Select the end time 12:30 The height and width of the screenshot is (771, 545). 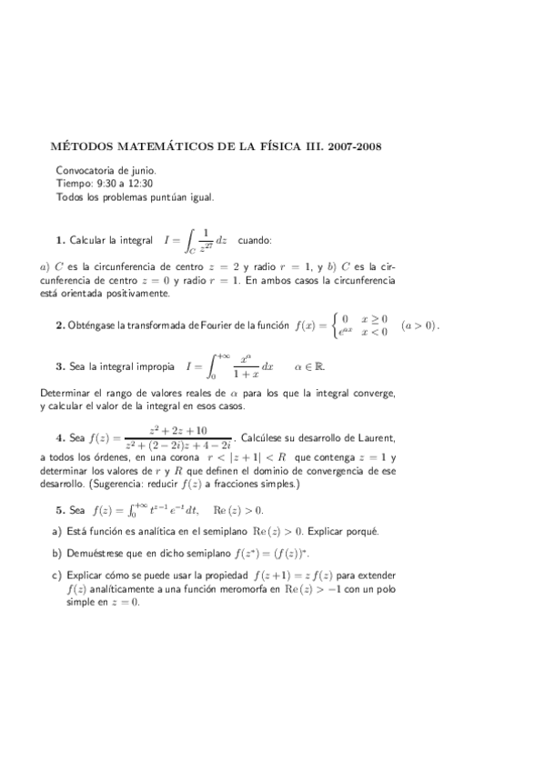click(132, 182)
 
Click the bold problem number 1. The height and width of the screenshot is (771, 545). click(59, 240)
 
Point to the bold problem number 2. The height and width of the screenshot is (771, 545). click(59, 325)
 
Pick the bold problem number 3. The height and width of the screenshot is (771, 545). click(59, 367)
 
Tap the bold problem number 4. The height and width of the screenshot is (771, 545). click(59, 435)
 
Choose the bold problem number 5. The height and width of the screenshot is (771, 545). click(59, 510)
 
